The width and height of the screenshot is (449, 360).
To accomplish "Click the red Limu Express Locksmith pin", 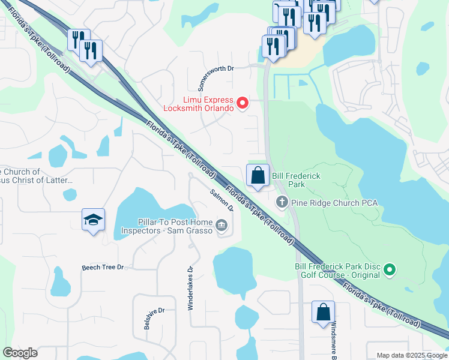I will pos(243,103).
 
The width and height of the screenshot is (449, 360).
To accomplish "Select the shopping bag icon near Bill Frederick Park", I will pos(258,176).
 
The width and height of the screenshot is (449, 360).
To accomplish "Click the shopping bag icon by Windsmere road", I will pos(323,313).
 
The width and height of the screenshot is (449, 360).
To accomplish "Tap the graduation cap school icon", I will pos(93,220).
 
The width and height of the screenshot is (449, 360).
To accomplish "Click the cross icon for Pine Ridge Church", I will pos(282,202).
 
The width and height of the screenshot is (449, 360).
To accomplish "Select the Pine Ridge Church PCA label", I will pos(334,203).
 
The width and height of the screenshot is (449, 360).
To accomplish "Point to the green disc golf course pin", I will pos(390,270).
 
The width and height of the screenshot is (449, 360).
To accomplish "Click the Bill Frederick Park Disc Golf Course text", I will pos(337,270).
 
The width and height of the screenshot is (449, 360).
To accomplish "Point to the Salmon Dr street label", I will pos(221,200).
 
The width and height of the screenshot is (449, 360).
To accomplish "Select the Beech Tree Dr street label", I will pos(103,267).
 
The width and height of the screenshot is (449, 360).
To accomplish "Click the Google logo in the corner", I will pos(20,352).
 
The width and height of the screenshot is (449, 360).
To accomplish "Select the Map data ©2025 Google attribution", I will pos(411,355).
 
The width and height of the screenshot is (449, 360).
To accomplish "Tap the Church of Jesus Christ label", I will pos(36,176).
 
